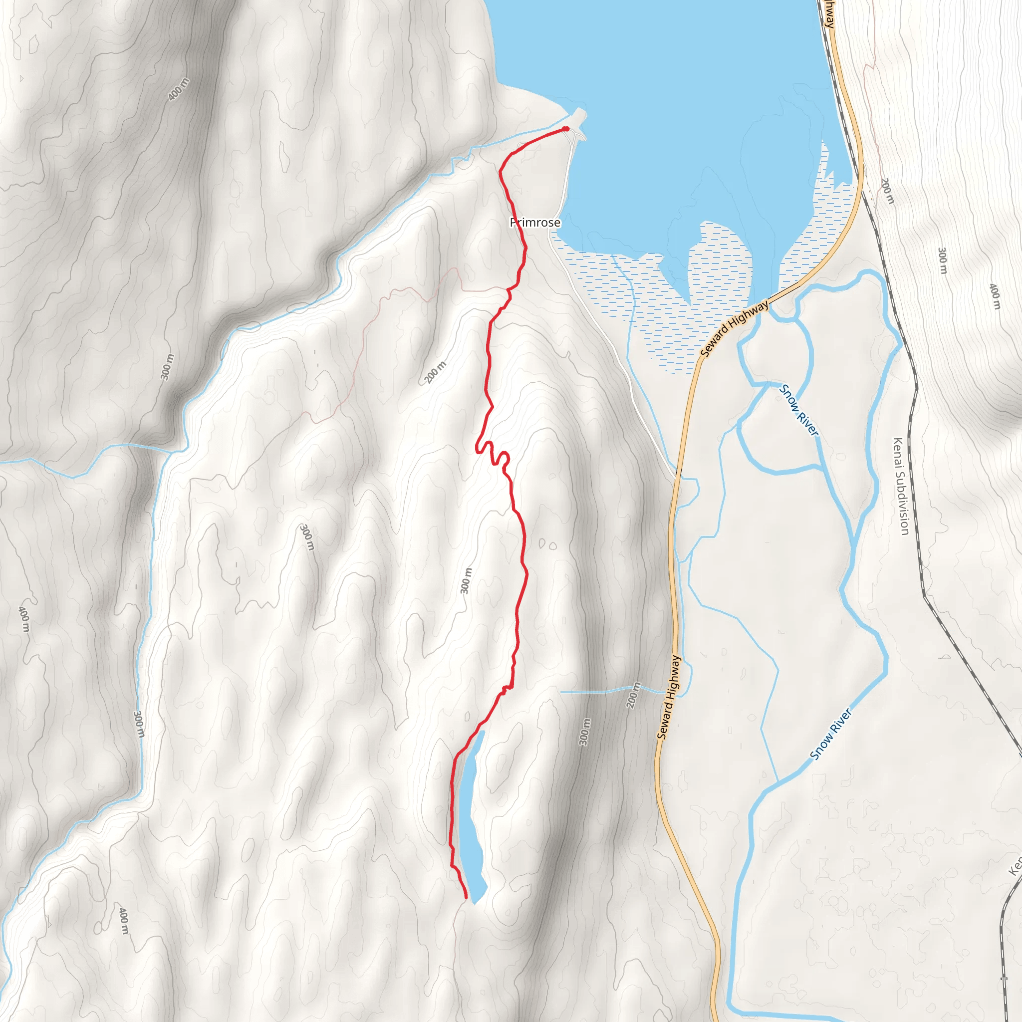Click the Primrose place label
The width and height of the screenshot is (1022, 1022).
pyautogui.click(x=535, y=223)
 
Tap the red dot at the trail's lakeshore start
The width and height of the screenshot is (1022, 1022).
pyautogui.click(x=565, y=129)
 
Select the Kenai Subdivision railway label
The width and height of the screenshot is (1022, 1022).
pyautogui.click(x=900, y=486)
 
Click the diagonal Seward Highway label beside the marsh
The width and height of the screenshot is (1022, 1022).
pyautogui.click(x=734, y=329)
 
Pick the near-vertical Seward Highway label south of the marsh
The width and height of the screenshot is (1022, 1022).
pyautogui.click(x=669, y=697)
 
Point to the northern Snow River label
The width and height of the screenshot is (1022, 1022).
pyautogui.click(x=799, y=411)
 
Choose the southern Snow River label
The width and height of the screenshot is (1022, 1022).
pyautogui.click(x=831, y=734)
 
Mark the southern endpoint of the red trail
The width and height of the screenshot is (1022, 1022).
pyautogui.click(x=466, y=898)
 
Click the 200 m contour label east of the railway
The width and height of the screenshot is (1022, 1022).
pyautogui.click(x=888, y=191)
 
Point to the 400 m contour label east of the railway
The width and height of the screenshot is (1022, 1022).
pyautogui.click(x=995, y=296)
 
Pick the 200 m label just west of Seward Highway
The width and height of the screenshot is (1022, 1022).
pyautogui.click(x=633, y=695)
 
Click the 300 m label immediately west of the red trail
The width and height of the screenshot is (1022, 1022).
pyautogui.click(x=466, y=581)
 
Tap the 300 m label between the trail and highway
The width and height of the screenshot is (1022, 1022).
pyautogui.click(x=584, y=732)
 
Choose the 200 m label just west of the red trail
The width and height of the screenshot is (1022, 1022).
pyautogui.click(x=435, y=372)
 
